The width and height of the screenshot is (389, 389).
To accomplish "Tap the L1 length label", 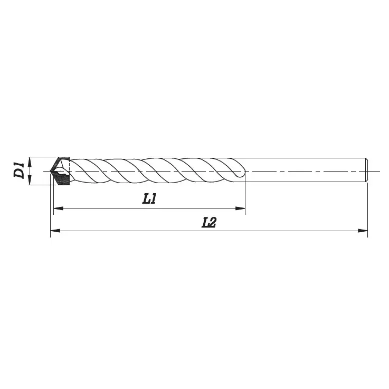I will coord(150,200).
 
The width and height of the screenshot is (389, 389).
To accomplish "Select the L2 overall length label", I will coord(210,222).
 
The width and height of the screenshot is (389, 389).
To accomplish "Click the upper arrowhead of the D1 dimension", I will coord(31,160).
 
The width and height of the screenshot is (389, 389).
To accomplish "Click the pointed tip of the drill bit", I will coord(51,171).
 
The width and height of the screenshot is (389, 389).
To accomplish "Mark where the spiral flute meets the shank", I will coord(244,170).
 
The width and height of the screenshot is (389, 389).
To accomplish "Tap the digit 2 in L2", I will coord(213,222).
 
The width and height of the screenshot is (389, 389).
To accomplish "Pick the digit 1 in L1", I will coord(154,200).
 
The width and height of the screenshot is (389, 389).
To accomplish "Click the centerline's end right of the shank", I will coord(378,171).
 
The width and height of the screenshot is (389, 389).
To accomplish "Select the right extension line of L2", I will coord(367,211).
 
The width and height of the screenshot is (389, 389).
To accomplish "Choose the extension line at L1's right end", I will coord(245,195).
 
